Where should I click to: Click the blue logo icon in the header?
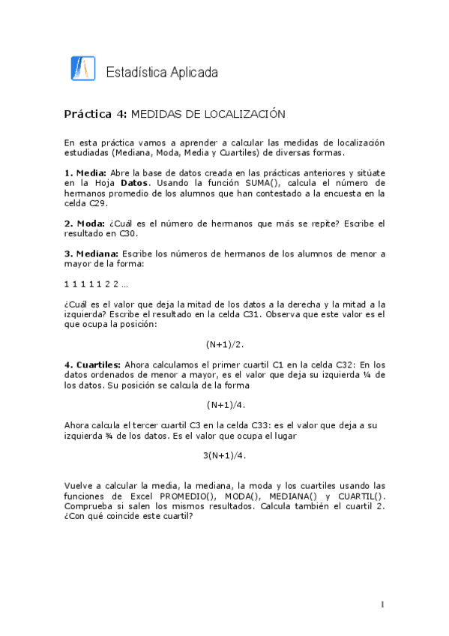pos(82,68)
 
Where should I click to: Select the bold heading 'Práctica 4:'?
pos(96,114)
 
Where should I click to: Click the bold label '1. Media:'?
pos(85,172)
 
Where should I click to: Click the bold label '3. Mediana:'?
pos(91,253)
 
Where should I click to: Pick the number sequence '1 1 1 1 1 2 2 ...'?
pos(96,283)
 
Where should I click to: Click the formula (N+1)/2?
pos(225,344)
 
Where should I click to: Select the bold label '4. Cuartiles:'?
pos(94,364)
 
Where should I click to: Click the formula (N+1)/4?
pos(225,405)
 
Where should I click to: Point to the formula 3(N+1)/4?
pos(225,455)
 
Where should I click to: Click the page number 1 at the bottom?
pos(382,604)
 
